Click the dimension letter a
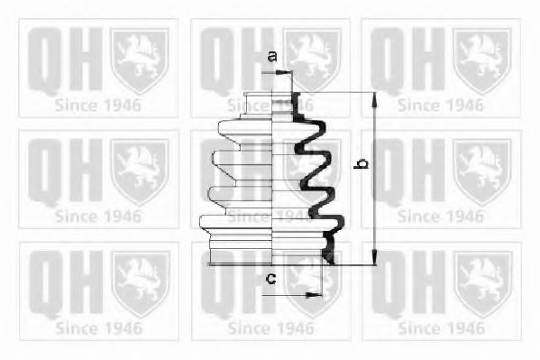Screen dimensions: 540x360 [x=272, y=56]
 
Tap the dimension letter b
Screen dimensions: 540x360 [x=361, y=164]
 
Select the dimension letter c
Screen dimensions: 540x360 [x=271, y=278]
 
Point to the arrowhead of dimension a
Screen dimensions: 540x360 [x=285, y=72]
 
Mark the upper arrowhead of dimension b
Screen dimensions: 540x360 [x=375, y=100]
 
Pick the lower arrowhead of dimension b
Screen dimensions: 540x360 [x=375, y=257]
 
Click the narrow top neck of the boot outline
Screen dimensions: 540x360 [x=259, y=103]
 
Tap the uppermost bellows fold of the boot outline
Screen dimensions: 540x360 [x=245, y=132]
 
